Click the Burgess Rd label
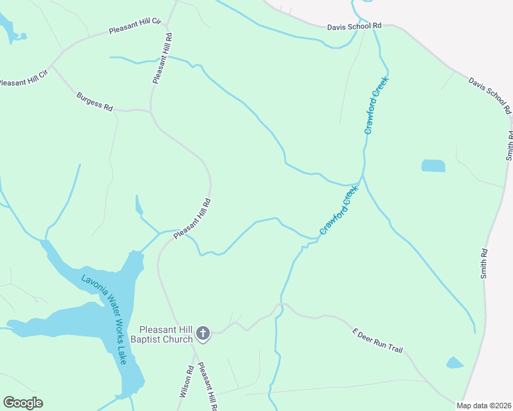[x=95, y=102]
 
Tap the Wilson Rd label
[x=185, y=382]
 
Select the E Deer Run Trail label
[x=377, y=340]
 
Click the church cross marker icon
[x=202, y=334]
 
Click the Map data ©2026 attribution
[x=484, y=406]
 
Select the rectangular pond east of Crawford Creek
[x=433, y=166]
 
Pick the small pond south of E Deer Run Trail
[x=455, y=362]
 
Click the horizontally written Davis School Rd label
[x=353, y=26]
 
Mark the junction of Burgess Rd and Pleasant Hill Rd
[x=150, y=110]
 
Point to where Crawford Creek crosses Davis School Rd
[x=376, y=27]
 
